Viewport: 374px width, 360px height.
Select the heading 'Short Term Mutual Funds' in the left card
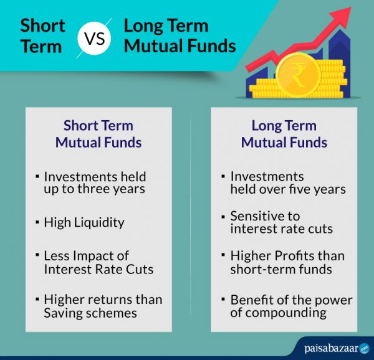coord(98,133)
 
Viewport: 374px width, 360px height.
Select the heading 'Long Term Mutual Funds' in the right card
coord(284,133)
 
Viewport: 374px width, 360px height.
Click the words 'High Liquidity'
coord(84,222)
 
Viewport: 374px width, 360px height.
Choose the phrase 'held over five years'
coord(287,189)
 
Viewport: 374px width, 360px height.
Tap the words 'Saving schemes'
coord(90,313)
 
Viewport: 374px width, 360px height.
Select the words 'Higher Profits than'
coord(287,256)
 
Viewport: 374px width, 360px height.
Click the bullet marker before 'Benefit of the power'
coord(223,300)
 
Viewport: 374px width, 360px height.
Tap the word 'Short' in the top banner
coord(42,26)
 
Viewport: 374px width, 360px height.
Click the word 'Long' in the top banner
coord(146,26)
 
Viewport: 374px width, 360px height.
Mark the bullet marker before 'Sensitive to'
coord(223,216)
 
